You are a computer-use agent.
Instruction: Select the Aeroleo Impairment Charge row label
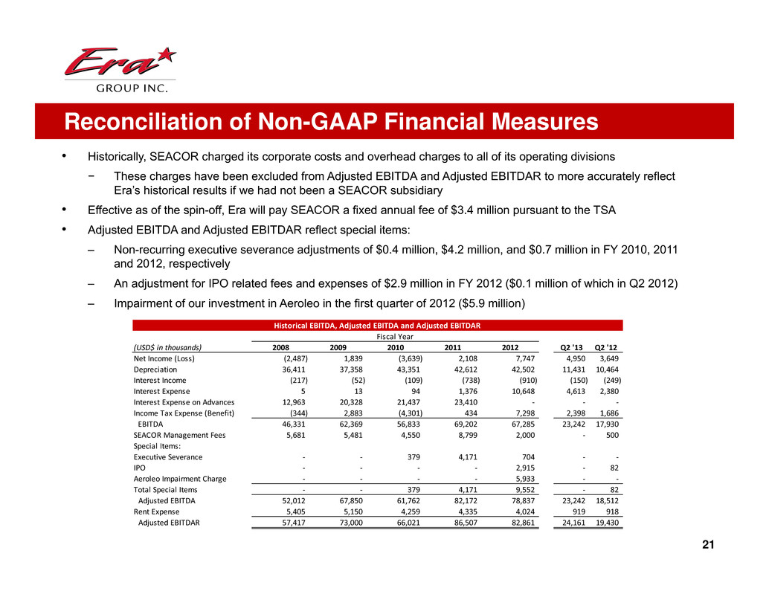[x=179, y=480]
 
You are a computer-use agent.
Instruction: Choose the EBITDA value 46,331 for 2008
[x=285, y=424]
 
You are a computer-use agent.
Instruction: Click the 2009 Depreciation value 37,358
[x=344, y=369]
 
